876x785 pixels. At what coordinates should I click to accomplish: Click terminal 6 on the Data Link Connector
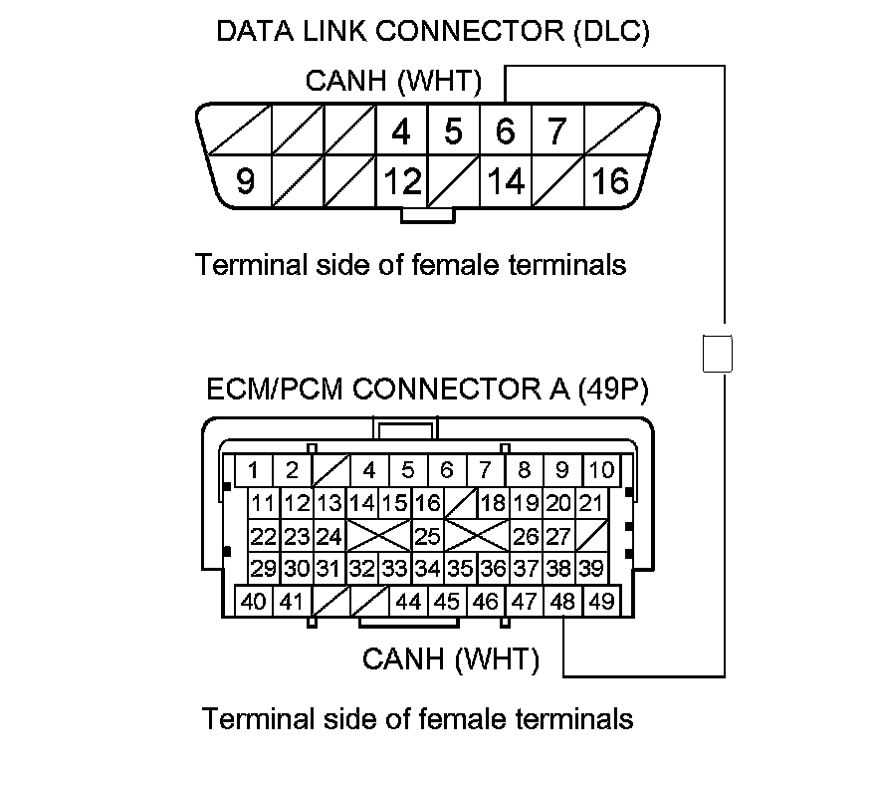click(x=505, y=131)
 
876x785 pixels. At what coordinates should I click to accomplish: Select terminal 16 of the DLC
click(x=611, y=181)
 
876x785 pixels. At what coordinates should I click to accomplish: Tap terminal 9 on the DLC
click(x=245, y=181)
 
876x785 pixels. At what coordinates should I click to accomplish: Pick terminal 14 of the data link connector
click(x=506, y=181)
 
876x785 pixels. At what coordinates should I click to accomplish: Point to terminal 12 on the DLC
click(x=402, y=181)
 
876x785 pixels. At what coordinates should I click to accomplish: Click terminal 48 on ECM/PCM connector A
click(x=563, y=602)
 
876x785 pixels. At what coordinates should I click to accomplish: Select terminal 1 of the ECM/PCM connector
click(x=254, y=470)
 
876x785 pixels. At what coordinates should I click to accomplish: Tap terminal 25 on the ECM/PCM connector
click(x=427, y=537)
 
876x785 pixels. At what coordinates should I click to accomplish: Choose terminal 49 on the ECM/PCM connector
click(x=600, y=602)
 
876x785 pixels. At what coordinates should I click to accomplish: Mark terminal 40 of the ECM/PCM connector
click(x=254, y=602)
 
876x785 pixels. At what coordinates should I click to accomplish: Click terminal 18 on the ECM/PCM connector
click(x=493, y=503)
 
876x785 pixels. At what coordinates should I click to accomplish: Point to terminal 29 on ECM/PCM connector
click(x=264, y=569)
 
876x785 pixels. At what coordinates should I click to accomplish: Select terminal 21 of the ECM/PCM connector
click(x=591, y=503)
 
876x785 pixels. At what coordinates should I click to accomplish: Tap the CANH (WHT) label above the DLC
click(x=393, y=81)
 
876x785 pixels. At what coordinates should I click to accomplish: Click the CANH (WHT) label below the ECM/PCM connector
click(x=451, y=659)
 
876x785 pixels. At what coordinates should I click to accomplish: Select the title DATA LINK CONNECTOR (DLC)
click(x=433, y=32)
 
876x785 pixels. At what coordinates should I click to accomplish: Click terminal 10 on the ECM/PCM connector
click(x=600, y=470)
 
